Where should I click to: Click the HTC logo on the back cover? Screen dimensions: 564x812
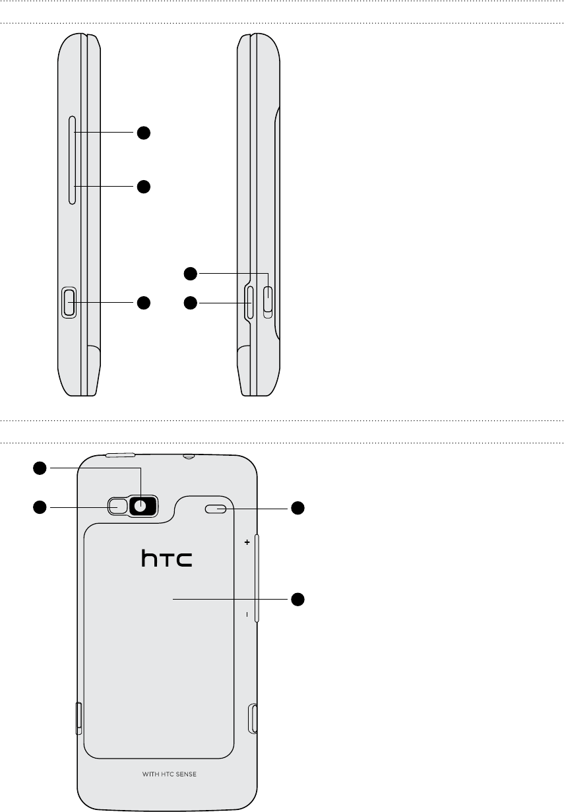(x=167, y=558)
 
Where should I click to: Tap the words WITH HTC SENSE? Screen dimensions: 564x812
(x=170, y=774)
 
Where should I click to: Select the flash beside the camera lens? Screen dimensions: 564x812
(x=117, y=506)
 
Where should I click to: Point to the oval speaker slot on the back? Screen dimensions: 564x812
(x=216, y=509)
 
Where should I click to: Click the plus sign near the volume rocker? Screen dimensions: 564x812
(x=247, y=542)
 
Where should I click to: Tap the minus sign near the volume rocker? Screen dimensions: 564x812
(x=247, y=614)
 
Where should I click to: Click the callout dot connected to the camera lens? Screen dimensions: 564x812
(x=40, y=468)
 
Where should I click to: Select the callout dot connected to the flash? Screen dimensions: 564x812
(x=40, y=507)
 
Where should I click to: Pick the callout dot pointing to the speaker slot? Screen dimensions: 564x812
(x=298, y=508)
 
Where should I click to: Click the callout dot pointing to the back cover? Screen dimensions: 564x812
(x=298, y=599)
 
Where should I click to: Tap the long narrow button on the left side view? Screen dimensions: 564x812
(x=72, y=160)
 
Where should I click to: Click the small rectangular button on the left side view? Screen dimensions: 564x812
(x=69, y=303)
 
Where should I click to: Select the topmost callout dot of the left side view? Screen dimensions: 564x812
(x=144, y=133)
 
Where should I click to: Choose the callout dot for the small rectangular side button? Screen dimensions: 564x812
(x=144, y=303)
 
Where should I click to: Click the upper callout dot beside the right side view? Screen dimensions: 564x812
(x=191, y=274)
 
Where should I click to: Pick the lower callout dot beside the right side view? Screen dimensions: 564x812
(x=191, y=303)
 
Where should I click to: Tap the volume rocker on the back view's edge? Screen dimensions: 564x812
(x=257, y=578)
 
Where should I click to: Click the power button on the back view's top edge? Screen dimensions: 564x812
(x=120, y=455)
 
